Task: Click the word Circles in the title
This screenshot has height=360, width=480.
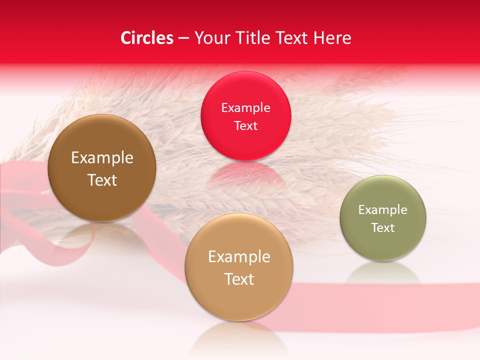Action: (146, 38)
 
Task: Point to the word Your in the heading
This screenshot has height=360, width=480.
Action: (210, 38)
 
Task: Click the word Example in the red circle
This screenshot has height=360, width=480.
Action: (245, 108)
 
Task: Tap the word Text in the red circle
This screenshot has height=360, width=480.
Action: (245, 126)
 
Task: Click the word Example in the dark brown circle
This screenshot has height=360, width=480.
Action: (102, 158)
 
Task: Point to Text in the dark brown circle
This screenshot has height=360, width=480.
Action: (102, 180)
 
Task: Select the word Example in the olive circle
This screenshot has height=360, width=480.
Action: (383, 210)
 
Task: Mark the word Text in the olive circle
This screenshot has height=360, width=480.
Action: (383, 228)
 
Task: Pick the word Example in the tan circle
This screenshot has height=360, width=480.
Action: (239, 257)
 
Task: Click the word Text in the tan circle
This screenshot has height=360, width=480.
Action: (239, 279)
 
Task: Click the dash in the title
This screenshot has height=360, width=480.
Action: (183, 38)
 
